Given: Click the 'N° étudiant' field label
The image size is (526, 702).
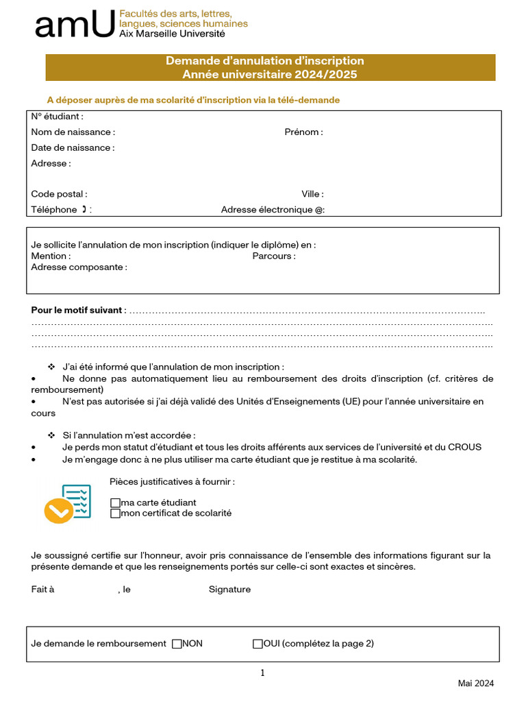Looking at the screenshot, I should pos(57,117).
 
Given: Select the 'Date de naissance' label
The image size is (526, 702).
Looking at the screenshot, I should pos(73,147).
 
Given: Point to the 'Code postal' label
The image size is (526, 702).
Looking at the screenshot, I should pos(59,194).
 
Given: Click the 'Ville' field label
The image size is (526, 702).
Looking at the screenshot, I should pos(312,194).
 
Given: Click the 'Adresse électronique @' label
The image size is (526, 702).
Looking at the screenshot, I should pos(273,210).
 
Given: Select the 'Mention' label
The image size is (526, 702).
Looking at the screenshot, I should pos(51,256).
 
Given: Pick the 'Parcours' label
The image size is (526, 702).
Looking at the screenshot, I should pos(274,256).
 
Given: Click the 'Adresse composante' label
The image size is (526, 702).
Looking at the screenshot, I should pos(79,267).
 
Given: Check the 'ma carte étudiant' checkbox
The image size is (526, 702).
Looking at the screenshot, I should pos(115,503).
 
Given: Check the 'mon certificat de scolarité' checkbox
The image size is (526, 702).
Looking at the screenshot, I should pos(115,513).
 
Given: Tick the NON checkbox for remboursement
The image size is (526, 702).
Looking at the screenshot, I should pos(177,644).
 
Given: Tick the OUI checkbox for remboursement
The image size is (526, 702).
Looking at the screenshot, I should pos(258,644).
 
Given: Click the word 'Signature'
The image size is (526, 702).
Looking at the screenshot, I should pos(229,590).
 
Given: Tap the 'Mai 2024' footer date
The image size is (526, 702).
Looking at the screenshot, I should pos(475,683).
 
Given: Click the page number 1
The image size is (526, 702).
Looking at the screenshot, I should pos(262,673).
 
